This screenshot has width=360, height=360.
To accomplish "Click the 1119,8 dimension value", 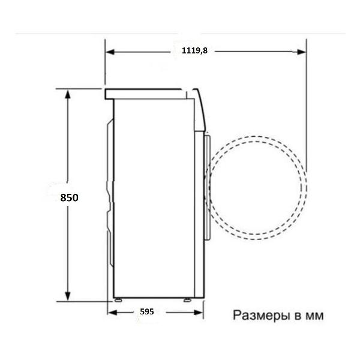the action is [x=194, y=50].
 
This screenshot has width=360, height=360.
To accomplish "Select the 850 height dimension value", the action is [x=69, y=197].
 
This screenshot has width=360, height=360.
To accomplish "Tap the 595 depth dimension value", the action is [x=147, y=311].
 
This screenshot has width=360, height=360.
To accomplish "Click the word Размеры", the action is [x=261, y=316].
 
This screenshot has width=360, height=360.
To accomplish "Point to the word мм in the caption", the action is [x=315, y=316].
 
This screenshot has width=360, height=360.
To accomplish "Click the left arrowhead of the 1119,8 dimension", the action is [x=110, y=52].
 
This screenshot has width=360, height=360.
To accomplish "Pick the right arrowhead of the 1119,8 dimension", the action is [x=301, y=52].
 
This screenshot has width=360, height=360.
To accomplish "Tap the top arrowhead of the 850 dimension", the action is [x=67, y=94].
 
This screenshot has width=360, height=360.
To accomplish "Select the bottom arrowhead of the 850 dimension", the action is [x=67, y=296].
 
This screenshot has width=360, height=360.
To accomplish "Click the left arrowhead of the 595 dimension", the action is [x=113, y=313].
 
